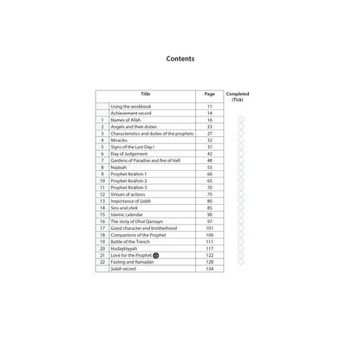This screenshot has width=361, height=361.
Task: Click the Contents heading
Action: pyautogui.click(x=180, y=61)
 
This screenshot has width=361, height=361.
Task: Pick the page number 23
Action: pyautogui.click(x=209, y=127)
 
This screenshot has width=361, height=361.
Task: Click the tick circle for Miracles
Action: pyautogui.click(x=240, y=141)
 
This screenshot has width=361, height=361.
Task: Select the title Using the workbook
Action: pyautogui.click(x=135, y=106)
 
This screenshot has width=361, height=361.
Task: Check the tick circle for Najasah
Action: pyautogui.click(x=240, y=167)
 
